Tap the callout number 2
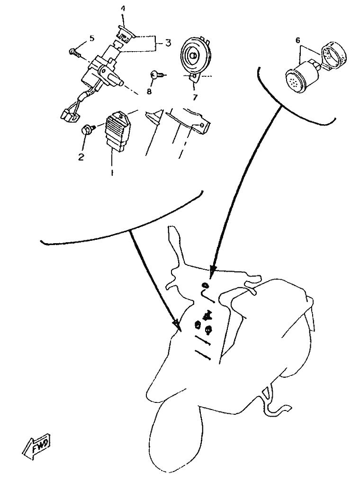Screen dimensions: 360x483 [x=81, y=157]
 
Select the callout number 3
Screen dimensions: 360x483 [x=168, y=43]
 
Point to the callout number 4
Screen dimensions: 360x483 [x=123, y=9]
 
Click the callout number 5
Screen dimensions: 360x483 [x=92, y=38]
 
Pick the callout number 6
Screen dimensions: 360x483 [x=297, y=40]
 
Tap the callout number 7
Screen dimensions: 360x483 [x=195, y=98]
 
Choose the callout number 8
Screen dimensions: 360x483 [x=149, y=92]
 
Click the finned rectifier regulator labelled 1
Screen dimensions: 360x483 [x=118, y=132]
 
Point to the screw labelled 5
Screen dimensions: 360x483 [x=75, y=53]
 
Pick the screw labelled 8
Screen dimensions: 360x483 [x=158, y=74]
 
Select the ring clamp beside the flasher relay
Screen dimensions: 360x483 [x=333, y=54]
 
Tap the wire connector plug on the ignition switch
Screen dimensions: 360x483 [x=68, y=116]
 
